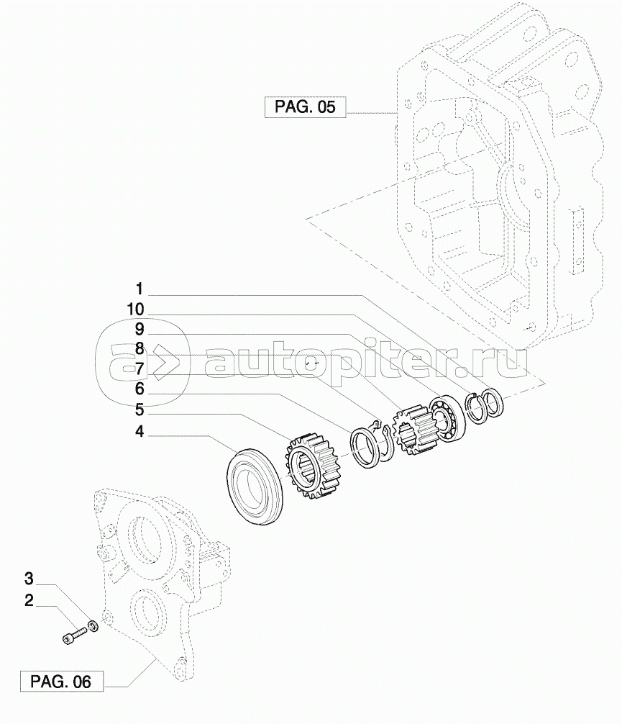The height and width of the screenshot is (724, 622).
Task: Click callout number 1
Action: click(140, 289)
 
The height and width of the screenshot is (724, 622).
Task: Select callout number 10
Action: click(136, 309)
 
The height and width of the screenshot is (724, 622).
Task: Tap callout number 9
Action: click(140, 329)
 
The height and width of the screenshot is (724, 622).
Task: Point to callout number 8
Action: click(140, 349)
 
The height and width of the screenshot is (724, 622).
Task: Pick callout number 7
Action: click(140, 369)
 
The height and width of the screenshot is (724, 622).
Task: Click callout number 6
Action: click(140, 389)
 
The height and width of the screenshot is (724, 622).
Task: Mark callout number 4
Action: click(140, 432)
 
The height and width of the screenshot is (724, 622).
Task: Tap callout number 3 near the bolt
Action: click(29, 579)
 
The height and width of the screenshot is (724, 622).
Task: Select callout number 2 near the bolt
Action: click(29, 601)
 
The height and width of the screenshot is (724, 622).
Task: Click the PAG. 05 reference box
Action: click(305, 107)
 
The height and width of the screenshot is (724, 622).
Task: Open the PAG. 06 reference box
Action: click(62, 682)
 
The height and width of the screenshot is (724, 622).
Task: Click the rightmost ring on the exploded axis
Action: click(493, 402)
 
